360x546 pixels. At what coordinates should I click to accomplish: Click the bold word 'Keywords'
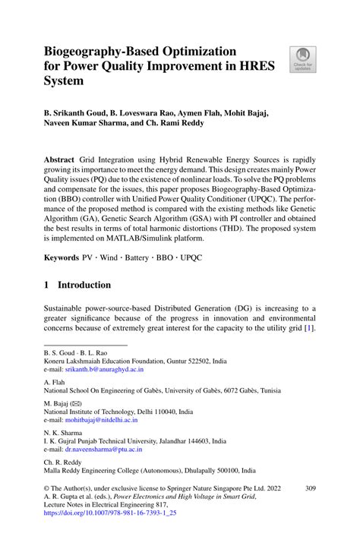[61, 257]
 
